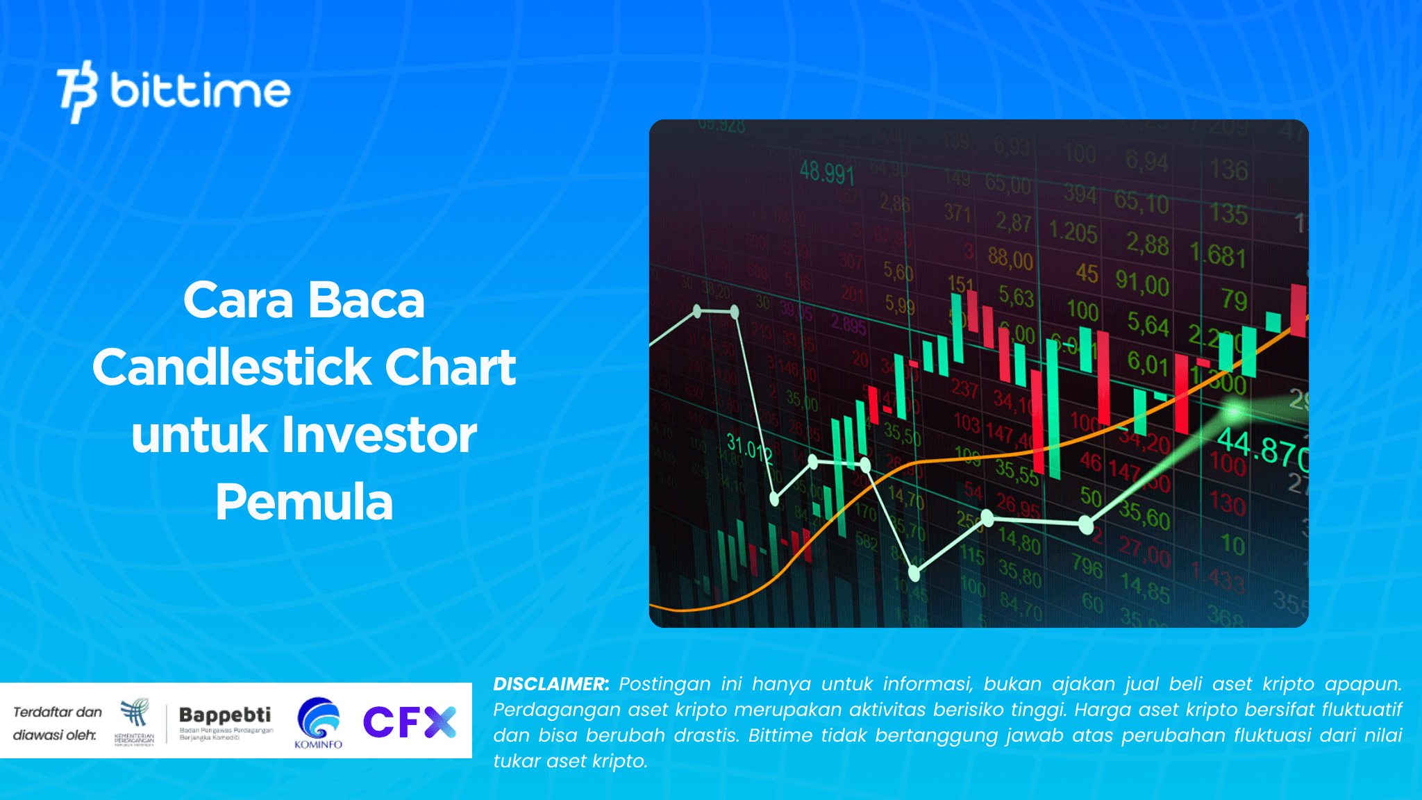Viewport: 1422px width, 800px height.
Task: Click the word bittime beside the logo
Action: (x=201, y=91)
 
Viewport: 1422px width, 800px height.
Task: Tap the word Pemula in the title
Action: (x=304, y=501)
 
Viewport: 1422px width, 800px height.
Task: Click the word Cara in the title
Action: (x=238, y=300)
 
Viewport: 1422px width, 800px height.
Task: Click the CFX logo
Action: (x=409, y=722)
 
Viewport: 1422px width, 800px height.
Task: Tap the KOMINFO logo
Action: (x=319, y=723)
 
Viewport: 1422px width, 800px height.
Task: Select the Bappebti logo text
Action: (x=225, y=715)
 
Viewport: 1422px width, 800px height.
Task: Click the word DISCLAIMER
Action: (x=551, y=684)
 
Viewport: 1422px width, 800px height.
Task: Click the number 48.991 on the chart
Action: (x=826, y=172)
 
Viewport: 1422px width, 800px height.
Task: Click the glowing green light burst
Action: (x=1234, y=412)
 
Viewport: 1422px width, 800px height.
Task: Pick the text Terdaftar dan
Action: (x=58, y=712)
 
